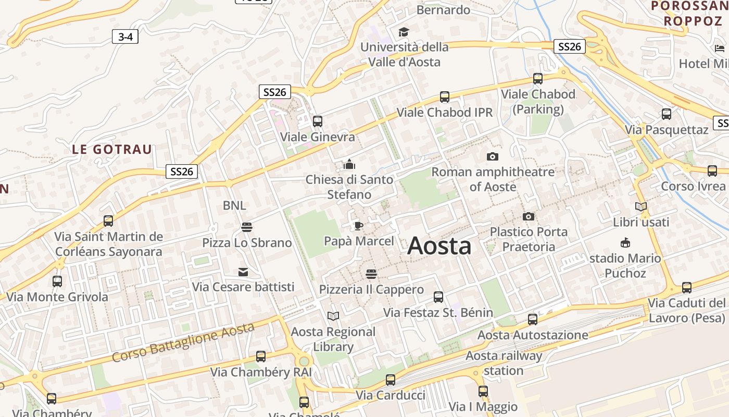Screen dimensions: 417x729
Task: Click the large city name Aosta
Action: click(439, 246)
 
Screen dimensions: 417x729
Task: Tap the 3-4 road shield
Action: click(125, 36)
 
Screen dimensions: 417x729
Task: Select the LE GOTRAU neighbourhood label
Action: click(112, 150)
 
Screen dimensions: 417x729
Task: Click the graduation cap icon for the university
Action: click(404, 32)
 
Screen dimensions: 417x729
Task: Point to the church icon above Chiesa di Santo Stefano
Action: click(349, 165)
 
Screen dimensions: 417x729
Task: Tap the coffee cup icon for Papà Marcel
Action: click(358, 226)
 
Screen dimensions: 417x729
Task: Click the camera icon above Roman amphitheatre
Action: click(492, 156)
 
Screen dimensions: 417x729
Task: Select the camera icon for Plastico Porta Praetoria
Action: click(529, 216)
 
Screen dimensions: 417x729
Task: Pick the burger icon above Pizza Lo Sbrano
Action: click(247, 227)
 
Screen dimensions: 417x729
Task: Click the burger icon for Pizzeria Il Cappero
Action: click(371, 274)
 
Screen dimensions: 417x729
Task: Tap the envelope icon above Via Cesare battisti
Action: click(243, 272)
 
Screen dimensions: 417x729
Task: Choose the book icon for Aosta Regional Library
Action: click(333, 316)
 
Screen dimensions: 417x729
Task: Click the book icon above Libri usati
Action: click(641, 207)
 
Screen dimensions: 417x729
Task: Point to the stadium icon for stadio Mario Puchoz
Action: click(625, 242)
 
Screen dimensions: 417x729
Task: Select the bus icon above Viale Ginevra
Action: click(318, 121)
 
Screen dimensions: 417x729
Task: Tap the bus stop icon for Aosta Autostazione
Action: click(533, 320)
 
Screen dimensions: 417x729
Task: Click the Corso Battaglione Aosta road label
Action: click(183, 342)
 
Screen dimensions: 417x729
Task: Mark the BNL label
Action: click(234, 205)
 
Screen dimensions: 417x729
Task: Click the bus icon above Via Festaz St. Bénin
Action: click(438, 297)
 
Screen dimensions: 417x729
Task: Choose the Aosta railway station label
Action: click(504, 363)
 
